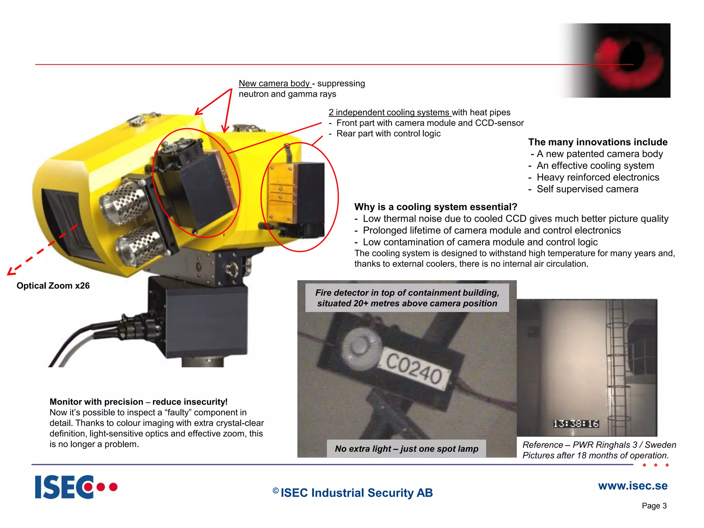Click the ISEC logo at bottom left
coord(76,487)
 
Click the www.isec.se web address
coord(632,486)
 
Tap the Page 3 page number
coord(654,506)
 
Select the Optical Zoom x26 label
coord(53,286)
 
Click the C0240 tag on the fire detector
coord(415,369)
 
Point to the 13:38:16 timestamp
coord(576,423)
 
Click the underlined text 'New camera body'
coord(274,84)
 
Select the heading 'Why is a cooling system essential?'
coord(436,207)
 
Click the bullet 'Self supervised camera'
coord(587,189)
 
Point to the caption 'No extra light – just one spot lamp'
coord(406,449)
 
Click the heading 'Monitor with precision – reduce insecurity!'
coord(139,402)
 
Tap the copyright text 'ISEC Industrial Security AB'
coord(356,493)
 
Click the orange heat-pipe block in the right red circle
coord(281,192)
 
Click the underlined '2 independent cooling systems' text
coord(389,112)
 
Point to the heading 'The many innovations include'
coord(597,142)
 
